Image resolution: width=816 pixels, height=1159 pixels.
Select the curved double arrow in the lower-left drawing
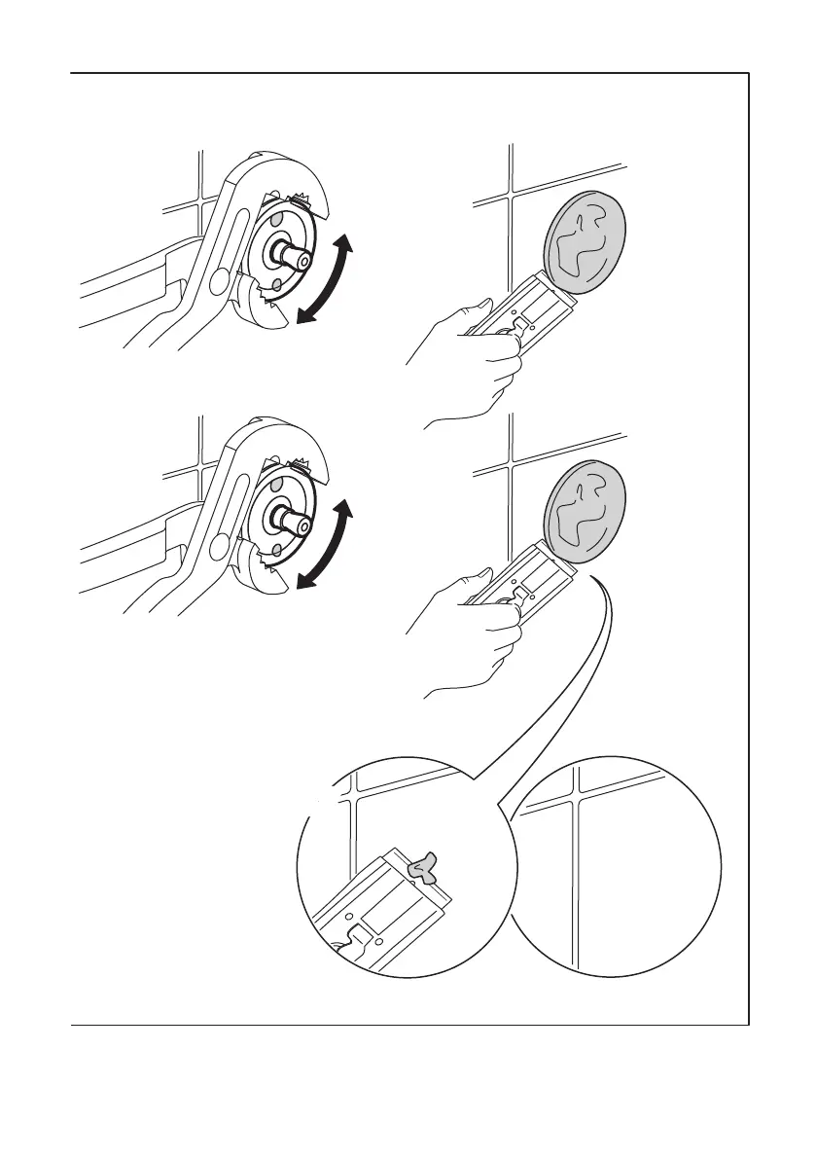(325, 548)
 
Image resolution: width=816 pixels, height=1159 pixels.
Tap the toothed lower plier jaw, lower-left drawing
(261, 572)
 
